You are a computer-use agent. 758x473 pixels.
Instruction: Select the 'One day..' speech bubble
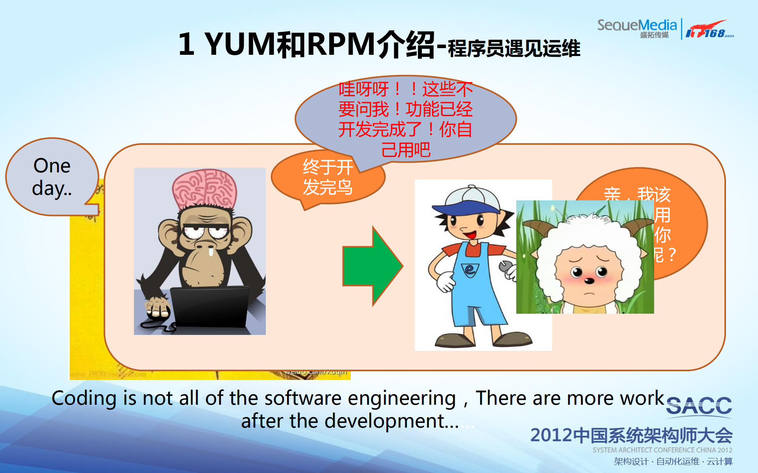pyautogui.click(x=52, y=176)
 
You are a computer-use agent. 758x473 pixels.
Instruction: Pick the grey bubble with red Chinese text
pyautogui.click(x=406, y=118)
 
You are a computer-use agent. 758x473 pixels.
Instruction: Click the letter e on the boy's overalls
pyautogui.click(x=470, y=269)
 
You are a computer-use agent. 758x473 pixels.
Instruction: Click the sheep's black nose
pyautogui.click(x=589, y=281)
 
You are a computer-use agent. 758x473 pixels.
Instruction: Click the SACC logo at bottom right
pyautogui.click(x=699, y=406)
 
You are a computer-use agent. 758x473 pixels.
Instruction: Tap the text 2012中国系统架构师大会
pyautogui.click(x=631, y=435)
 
